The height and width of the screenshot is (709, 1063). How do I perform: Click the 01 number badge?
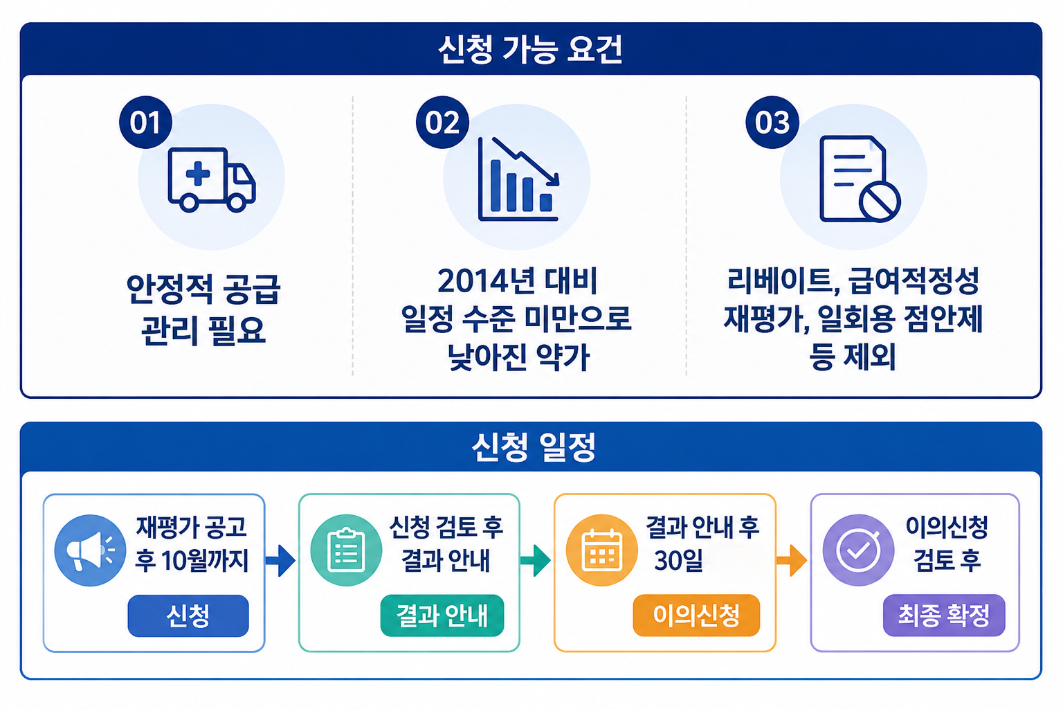[146, 123]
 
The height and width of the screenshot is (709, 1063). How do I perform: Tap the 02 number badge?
[442, 123]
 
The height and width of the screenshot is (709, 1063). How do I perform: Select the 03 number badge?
[772, 123]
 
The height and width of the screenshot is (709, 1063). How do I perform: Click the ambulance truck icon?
[212, 179]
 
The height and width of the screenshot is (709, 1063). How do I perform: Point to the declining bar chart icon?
[518, 179]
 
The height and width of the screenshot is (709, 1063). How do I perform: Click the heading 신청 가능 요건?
[531, 49]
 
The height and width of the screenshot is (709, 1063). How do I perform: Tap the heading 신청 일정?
[534, 447]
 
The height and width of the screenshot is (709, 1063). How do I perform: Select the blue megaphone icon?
[90, 550]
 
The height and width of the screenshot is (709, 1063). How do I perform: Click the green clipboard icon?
[347, 550]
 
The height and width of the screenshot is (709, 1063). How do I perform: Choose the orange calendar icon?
[601, 550]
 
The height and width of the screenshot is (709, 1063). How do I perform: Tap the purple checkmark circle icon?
[858, 550]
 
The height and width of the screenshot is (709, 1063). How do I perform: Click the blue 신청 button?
[188, 616]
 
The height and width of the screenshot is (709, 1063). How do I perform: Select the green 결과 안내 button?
[442, 616]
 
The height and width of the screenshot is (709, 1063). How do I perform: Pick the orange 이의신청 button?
[697, 615]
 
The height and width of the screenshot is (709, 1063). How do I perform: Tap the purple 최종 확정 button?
[945, 615]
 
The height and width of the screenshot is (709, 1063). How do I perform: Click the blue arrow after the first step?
[281, 561]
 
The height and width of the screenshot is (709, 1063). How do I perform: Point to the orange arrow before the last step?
[792, 561]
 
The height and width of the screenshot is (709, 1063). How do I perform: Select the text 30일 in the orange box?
[679, 561]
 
